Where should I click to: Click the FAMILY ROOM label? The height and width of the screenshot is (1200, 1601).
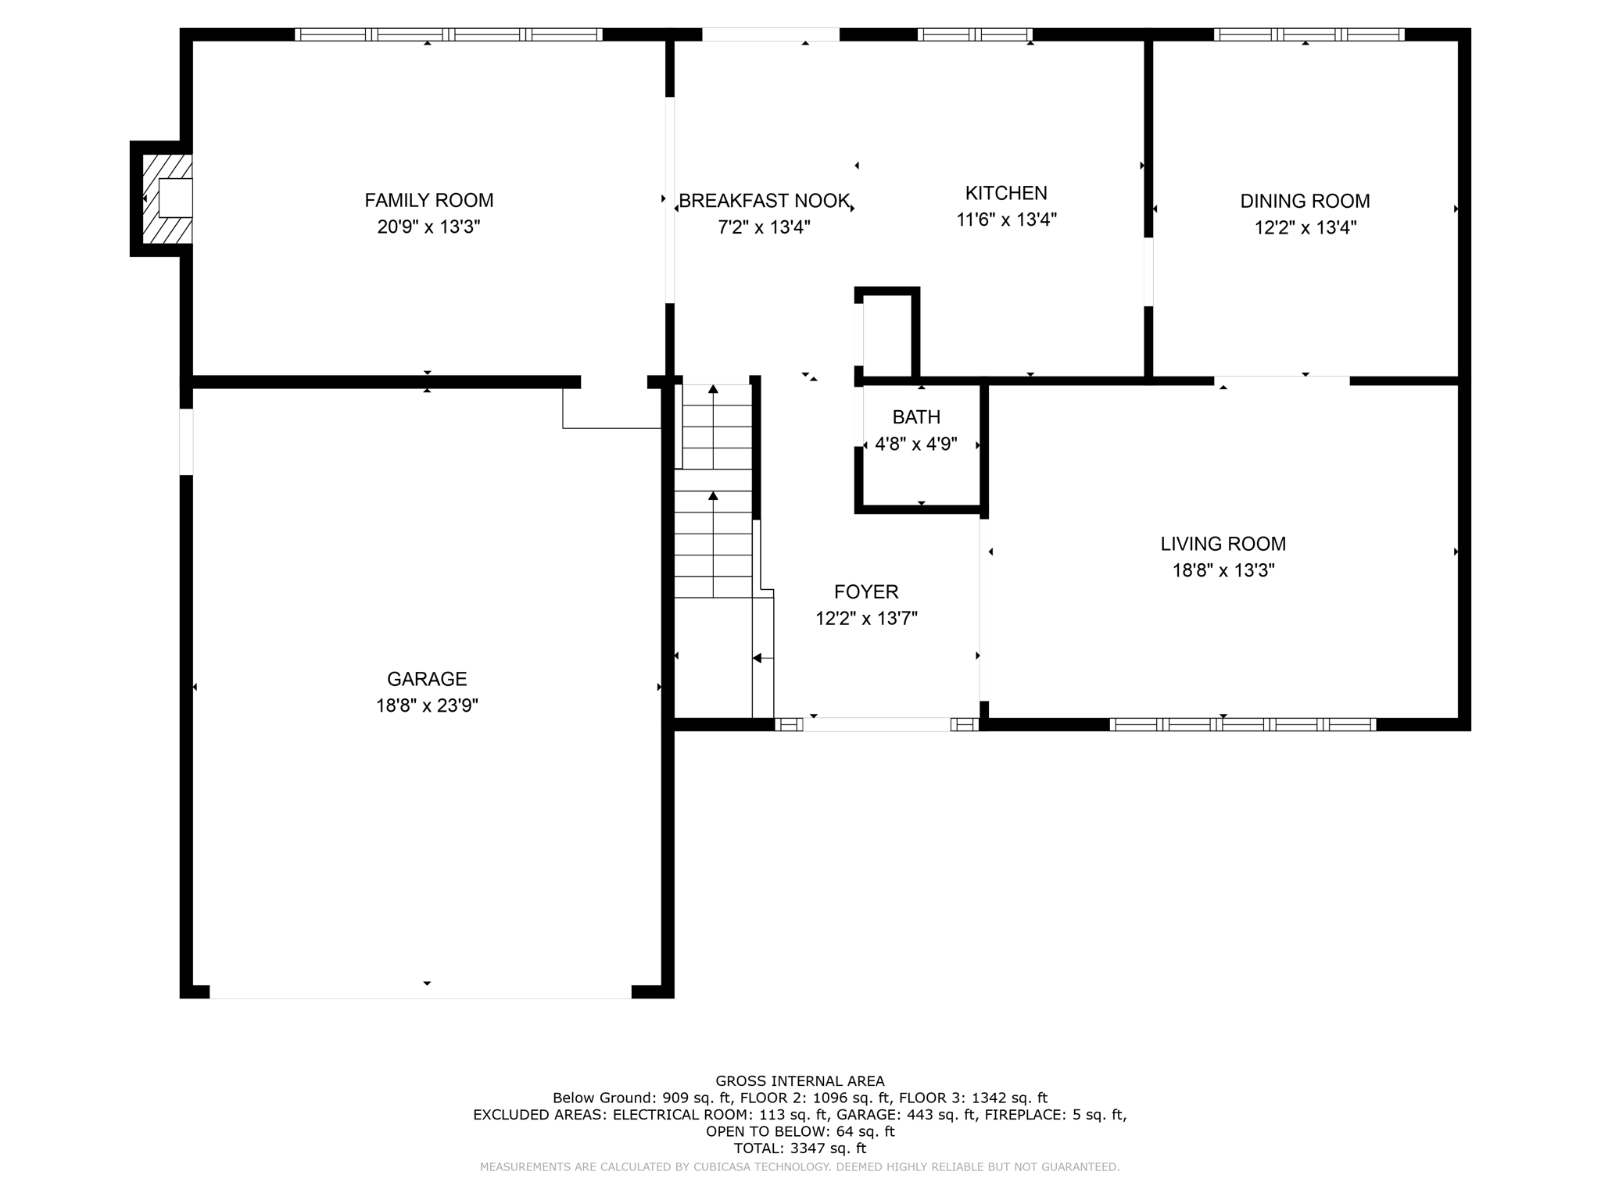pos(428,201)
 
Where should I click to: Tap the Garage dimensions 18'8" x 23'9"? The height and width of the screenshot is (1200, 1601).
pos(427,706)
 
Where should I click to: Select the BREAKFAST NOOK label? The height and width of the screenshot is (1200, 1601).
pos(764,202)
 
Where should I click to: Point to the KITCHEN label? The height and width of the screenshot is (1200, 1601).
pos(1006,193)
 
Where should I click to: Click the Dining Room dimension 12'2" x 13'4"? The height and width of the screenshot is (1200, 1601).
pos(1305,228)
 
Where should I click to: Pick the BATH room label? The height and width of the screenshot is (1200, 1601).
pos(916,417)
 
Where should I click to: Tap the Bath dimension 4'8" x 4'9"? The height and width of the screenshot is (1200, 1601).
pos(916,445)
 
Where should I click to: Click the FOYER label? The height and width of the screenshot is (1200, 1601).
pos(866,592)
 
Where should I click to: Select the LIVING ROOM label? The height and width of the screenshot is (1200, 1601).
pos(1223,544)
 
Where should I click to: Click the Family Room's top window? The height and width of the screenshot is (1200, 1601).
pos(448,34)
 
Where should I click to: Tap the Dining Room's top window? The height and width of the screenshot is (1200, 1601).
pos(1309,34)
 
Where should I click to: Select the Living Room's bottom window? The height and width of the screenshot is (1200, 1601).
pos(1242,724)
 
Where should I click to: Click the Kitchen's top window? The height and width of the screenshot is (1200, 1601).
pos(974,34)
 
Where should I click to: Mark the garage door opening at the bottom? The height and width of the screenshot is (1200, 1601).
pos(421,992)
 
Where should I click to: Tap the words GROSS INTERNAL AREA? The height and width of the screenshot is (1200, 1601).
pos(800,1081)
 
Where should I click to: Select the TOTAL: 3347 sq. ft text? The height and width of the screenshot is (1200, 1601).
pos(800,1148)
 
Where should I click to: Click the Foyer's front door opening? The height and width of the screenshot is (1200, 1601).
pos(876,724)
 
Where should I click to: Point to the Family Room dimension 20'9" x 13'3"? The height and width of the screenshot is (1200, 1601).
pos(428,227)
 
